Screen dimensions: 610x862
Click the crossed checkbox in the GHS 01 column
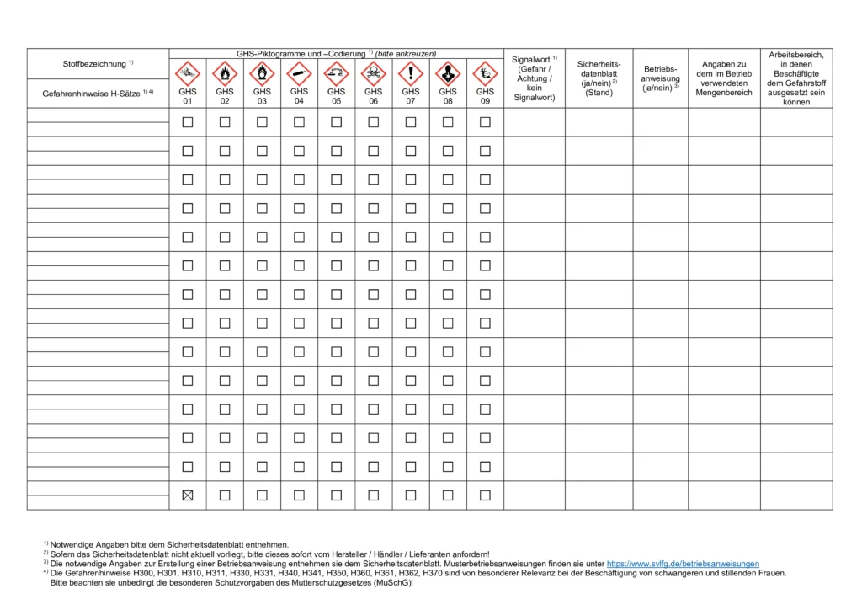click(x=188, y=495)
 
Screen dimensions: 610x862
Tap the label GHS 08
click(x=448, y=96)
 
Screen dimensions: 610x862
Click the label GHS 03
click(x=262, y=96)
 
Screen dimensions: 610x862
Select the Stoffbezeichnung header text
click(x=93, y=64)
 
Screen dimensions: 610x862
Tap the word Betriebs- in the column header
click(x=661, y=68)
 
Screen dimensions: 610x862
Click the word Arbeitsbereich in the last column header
click(x=795, y=55)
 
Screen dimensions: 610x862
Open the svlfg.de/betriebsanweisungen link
click(x=683, y=564)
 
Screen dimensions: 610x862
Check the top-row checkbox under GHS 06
click(x=373, y=122)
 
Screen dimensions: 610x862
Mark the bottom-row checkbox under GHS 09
click(x=485, y=495)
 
